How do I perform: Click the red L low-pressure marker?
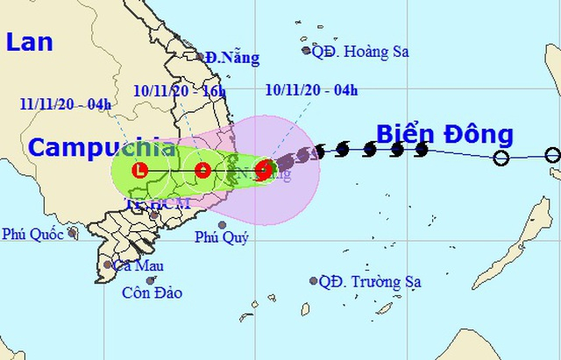pyautogui.click(x=140, y=169)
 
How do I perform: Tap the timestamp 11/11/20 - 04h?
pyautogui.click(x=65, y=105)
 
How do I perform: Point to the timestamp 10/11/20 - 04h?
pyautogui.click(x=311, y=89)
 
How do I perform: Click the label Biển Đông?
pyautogui.click(x=444, y=134)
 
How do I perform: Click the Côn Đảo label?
pyautogui.click(x=153, y=293)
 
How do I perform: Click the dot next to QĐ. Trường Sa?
pyautogui.click(x=313, y=281)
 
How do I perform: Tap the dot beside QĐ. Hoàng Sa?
pyautogui.click(x=307, y=51)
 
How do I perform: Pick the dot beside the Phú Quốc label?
pyautogui.click(x=73, y=234)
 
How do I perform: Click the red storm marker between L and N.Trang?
pyautogui.click(x=202, y=169)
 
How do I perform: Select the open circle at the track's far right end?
pyautogui.click(x=552, y=156)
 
